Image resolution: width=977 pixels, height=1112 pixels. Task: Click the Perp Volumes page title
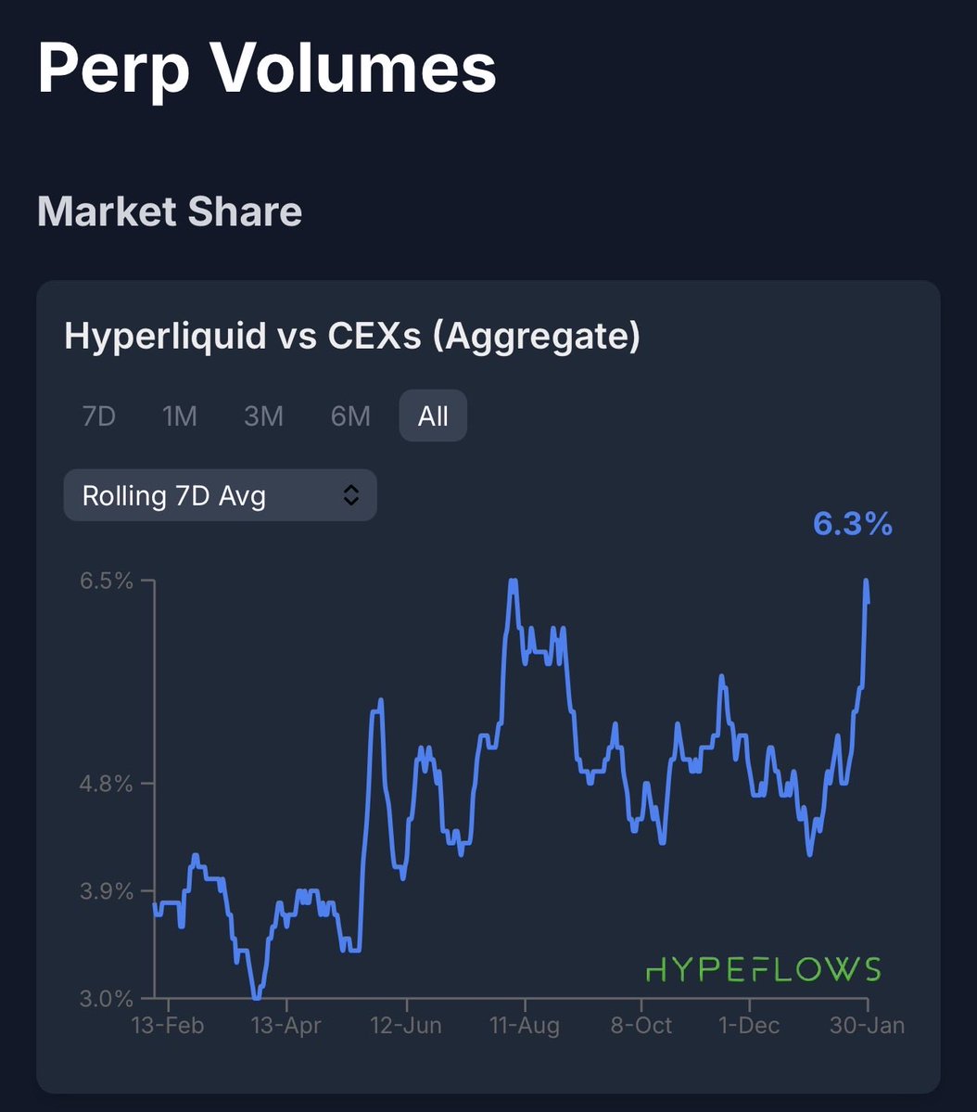click(x=267, y=70)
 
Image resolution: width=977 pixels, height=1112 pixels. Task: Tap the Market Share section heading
click(x=170, y=211)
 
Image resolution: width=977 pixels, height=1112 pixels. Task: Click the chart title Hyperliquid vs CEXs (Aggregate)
click(x=352, y=336)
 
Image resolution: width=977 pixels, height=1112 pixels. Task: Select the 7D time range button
click(x=99, y=416)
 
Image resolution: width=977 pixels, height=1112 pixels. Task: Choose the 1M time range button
click(x=180, y=416)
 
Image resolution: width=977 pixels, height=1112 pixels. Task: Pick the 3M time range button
click(x=263, y=416)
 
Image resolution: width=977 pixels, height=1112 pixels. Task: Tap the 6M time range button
click(x=350, y=416)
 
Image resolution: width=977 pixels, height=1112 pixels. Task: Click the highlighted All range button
click(x=433, y=416)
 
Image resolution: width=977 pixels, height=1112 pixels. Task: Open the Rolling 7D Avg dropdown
click(x=220, y=495)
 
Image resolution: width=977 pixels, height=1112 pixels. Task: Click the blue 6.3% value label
click(x=852, y=524)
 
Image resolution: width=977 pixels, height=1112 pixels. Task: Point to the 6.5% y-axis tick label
click(x=108, y=582)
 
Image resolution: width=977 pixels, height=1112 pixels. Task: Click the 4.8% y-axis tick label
click(x=108, y=784)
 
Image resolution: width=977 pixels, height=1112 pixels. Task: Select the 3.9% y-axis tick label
click(x=108, y=891)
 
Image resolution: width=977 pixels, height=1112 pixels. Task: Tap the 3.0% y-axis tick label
click(x=108, y=999)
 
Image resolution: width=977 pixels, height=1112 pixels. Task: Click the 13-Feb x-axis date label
click(x=168, y=1026)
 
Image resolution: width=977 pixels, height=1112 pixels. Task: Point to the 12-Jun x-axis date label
click(x=406, y=1026)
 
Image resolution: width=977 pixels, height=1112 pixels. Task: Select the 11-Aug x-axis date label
click(x=525, y=1026)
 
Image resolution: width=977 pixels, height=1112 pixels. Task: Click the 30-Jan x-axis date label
click(x=868, y=1026)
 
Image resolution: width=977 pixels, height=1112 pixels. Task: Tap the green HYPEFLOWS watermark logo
click(x=763, y=969)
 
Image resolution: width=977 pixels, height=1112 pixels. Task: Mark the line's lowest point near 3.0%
click(x=256, y=998)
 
